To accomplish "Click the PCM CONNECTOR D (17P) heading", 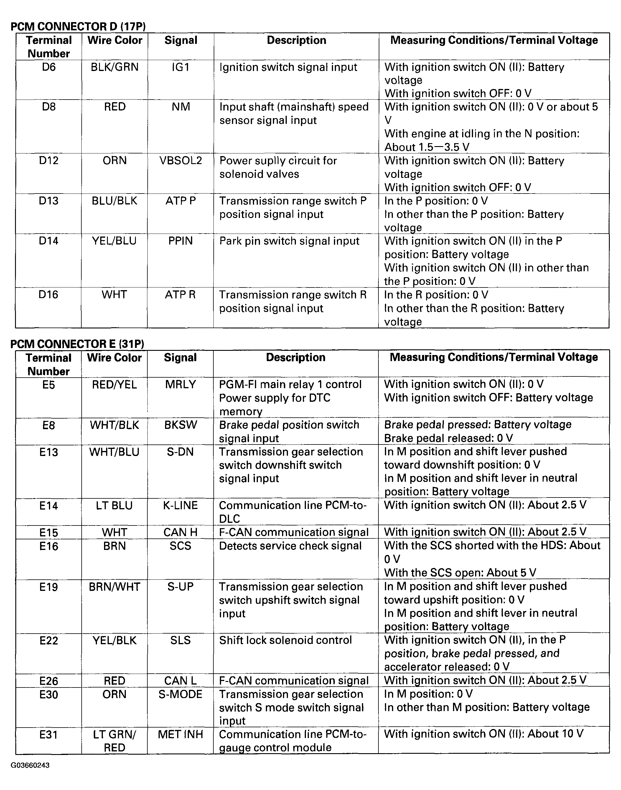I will click(78, 26).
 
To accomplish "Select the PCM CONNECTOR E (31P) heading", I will click(78, 343).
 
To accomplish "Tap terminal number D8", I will click(49, 107).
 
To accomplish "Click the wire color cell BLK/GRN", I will click(115, 67).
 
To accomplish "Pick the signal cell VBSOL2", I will click(181, 161).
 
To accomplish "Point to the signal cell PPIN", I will click(180, 241).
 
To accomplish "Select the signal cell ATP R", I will click(180, 295).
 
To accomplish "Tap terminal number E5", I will click(49, 384).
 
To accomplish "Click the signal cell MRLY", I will click(180, 384).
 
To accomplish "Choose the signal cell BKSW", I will click(180, 425).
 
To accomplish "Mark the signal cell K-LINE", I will click(180, 505).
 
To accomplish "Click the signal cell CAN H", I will click(180, 532).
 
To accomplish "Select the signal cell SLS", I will click(180, 640).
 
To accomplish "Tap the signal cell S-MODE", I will click(180, 695).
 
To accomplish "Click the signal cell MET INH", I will click(180, 734).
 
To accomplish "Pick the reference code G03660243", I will click(30, 765).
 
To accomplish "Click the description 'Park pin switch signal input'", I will click(289, 241).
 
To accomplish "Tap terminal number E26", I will click(49, 681).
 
